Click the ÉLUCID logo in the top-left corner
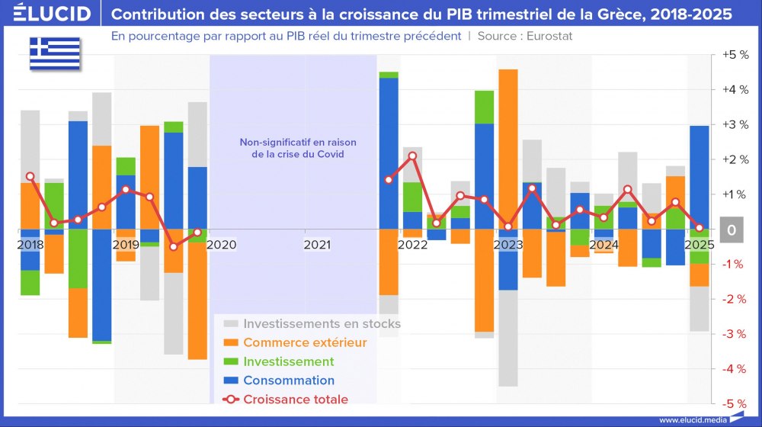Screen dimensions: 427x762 (47, 14)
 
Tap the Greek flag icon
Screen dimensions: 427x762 (55, 52)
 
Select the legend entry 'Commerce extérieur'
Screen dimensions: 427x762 (305, 342)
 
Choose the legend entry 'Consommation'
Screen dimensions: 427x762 (289, 380)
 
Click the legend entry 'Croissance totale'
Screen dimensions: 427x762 (296, 399)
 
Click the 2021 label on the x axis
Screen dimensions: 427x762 (318, 245)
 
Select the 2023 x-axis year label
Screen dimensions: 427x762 (508, 245)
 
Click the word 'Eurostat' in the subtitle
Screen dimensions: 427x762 (548, 36)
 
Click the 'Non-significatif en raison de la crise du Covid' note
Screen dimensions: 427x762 (298, 148)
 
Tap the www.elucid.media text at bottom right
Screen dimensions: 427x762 (690, 419)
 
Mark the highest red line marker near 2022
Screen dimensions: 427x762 (412, 156)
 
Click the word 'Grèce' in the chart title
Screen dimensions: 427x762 (604, 14)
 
